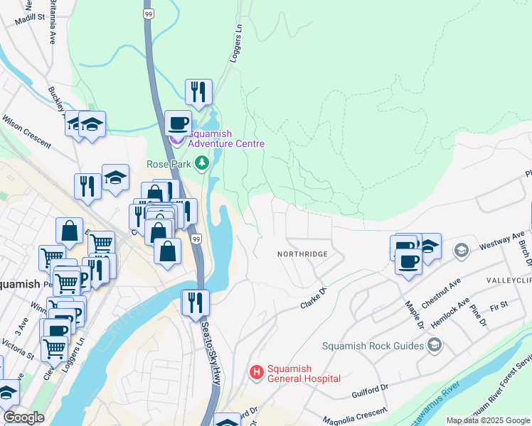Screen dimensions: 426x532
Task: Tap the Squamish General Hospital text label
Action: pos(304,373)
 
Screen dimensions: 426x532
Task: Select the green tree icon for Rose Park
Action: pos(203,163)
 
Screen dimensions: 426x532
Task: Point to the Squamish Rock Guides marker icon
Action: pos(435,346)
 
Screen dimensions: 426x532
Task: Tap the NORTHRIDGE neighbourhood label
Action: pos(302,254)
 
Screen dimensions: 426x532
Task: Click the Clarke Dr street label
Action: pos(312,297)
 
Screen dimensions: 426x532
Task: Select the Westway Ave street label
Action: pos(506,237)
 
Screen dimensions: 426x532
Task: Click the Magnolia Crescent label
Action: pos(355,415)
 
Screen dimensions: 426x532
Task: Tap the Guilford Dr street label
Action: pos(370,392)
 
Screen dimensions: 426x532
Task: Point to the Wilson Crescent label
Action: pos(26,131)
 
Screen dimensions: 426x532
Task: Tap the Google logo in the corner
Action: pos(23,417)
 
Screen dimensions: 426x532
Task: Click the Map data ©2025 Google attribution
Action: pos(487,420)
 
